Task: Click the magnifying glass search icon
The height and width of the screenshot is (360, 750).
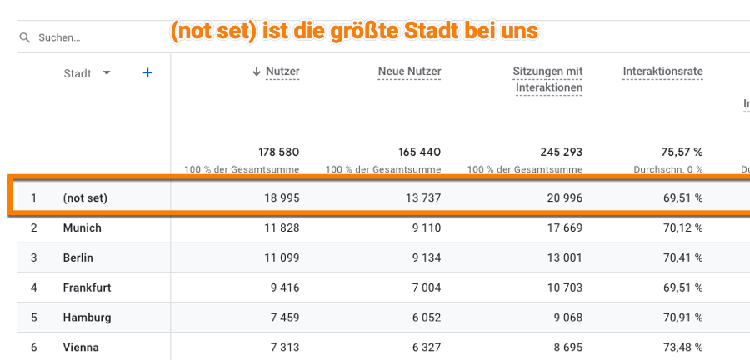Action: point(25,38)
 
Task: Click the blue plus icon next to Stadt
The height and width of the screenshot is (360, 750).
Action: point(147,73)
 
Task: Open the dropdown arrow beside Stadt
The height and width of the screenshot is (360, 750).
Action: point(107,73)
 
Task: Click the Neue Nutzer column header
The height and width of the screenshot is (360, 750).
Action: point(409,72)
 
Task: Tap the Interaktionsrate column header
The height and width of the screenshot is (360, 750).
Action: point(662,72)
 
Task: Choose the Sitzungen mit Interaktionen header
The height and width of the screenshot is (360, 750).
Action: point(547,79)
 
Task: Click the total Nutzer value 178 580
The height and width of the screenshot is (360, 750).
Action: point(278,152)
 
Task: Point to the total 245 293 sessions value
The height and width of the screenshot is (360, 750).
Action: point(562,152)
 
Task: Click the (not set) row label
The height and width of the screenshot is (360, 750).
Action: point(85,198)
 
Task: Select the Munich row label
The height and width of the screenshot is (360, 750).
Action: point(82,227)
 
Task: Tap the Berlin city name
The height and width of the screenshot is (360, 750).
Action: point(78,257)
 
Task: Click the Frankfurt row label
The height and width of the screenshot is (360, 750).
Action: point(87,287)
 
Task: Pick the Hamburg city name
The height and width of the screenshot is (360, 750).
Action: point(87,317)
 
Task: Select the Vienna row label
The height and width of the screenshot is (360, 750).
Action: point(81,347)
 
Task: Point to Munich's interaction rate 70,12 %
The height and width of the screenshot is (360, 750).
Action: point(682,227)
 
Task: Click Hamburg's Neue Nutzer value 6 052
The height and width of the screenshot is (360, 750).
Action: point(423,317)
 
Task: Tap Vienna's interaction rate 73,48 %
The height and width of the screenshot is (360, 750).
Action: point(682,347)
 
